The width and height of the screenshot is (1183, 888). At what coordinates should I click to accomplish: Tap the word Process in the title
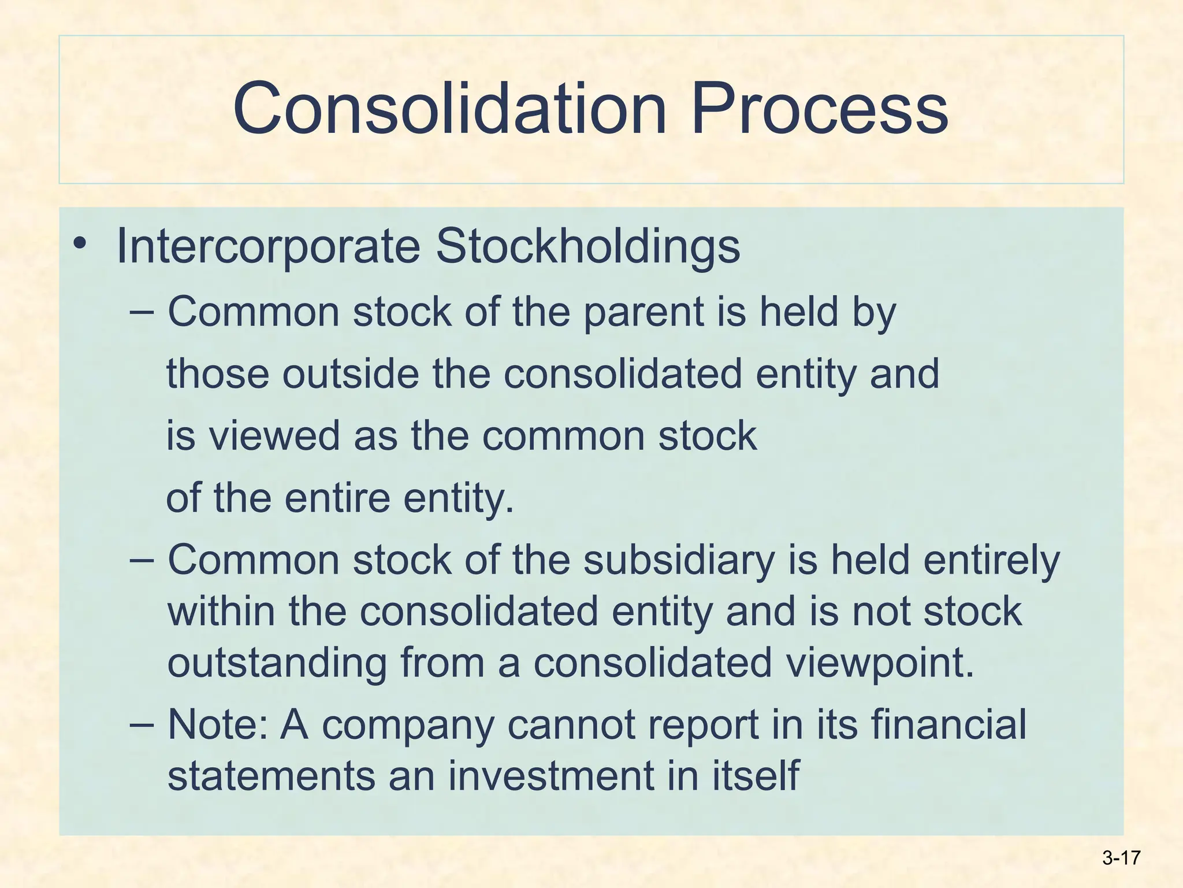819,109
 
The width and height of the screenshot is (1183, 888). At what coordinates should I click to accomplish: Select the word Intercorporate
268,247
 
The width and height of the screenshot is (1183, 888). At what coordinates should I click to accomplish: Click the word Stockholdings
587,247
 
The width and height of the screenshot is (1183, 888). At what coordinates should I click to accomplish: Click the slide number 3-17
1121,858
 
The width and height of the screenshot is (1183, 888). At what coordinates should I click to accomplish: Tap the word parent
643,313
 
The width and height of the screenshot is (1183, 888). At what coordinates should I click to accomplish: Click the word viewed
274,435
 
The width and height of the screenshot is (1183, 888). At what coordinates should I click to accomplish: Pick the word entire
337,498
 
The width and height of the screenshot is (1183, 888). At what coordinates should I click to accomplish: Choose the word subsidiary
679,560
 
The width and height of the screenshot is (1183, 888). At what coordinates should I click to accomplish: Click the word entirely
992,560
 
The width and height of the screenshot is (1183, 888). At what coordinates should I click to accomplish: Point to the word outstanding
277,663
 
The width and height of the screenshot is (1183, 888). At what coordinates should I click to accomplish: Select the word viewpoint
880,663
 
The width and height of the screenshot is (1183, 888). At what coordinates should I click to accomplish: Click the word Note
217,724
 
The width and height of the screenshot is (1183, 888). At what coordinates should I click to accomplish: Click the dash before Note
142,724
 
